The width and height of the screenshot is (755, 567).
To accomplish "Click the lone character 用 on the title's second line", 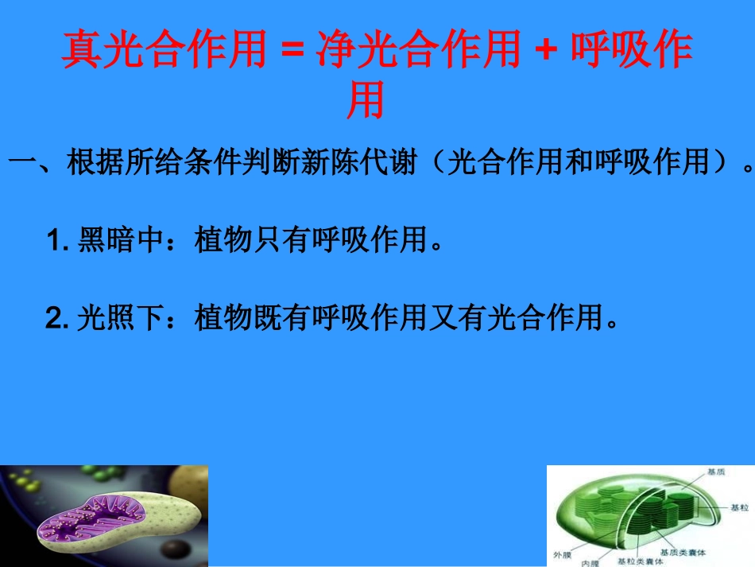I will (x=366, y=101).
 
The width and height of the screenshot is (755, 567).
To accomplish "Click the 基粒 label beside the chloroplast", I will (x=738, y=507).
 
